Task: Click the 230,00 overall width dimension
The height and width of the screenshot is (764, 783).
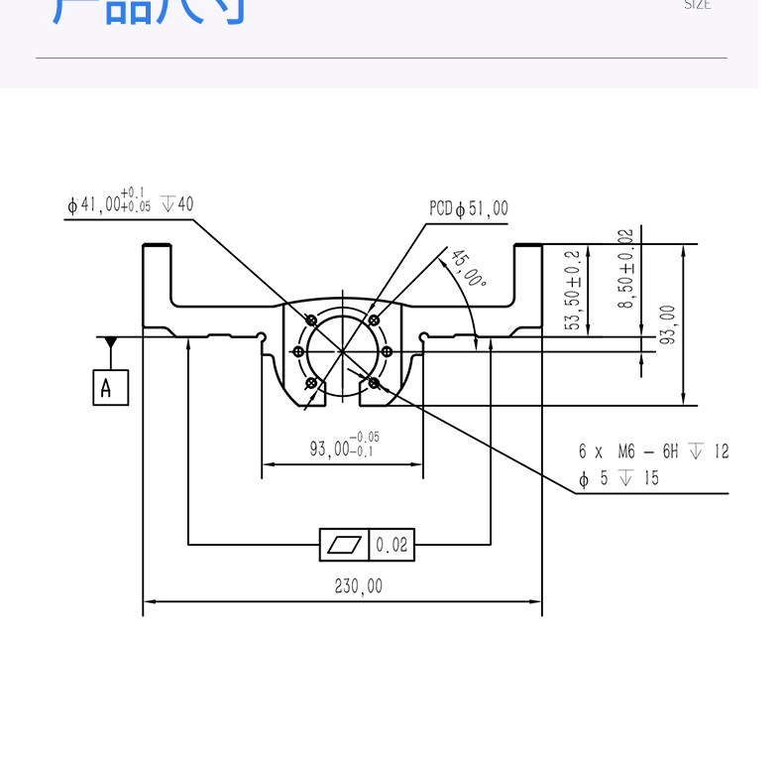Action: coord(358,586)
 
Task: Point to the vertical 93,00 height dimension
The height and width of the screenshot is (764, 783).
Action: coord(668,324)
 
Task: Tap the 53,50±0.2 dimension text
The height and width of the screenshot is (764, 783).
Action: coord(572,290)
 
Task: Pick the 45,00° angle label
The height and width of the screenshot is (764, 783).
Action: coord(469,269)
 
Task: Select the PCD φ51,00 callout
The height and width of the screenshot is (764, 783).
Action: coord(468,208)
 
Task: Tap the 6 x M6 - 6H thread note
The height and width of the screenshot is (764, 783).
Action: coord(653,451)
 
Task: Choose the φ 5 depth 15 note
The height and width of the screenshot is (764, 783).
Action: coord(619,479)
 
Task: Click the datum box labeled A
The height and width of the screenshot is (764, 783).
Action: coord(110,387)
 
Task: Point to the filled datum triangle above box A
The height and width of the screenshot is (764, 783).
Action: coord(110,342)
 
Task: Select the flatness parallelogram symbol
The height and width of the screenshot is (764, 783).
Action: coord(344,545)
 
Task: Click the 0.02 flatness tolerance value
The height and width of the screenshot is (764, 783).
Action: coord(391,545)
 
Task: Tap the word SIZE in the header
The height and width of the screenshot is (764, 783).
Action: coord(698,5)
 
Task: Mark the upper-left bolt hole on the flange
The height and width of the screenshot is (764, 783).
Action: coord(312,320)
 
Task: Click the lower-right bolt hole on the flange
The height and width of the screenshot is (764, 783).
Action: coord(374,382)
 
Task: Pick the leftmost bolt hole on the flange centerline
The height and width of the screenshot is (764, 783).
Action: coord(298,350)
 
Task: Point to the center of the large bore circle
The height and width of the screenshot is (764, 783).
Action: coord(342,350)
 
